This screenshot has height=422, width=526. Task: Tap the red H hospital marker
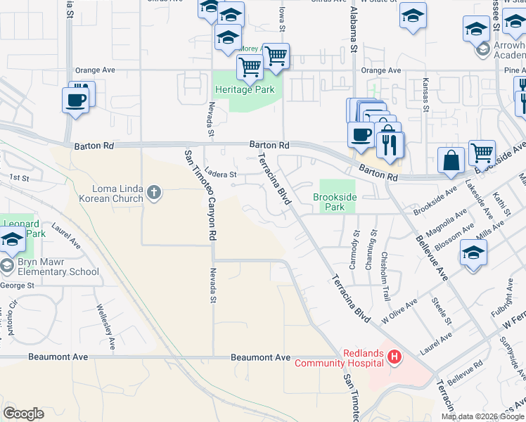pos(394,358)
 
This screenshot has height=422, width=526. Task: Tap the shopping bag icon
pos(450,161)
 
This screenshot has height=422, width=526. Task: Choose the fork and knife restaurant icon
pos(387,145)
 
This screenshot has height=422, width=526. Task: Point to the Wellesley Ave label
pos(106,327)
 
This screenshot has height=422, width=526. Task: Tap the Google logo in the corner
pos(23,414)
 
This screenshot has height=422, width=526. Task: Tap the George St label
pos(18,286)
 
